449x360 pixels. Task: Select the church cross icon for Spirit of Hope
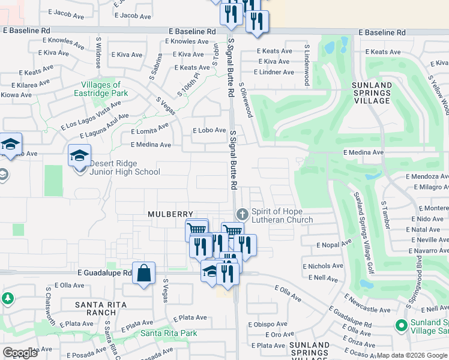point(242,214)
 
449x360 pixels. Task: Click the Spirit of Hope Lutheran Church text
point(282,216)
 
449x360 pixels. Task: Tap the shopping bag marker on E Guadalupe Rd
point(144,274)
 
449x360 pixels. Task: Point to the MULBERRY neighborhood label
point(171,214)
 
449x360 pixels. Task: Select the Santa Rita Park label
point(169,333)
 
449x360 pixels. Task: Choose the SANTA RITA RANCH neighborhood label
point(101,308)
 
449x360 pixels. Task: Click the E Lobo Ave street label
point(209,130)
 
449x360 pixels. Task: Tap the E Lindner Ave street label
point(274,72)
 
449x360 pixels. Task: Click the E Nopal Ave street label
point(334,244)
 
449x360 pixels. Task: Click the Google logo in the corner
point(20,353)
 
